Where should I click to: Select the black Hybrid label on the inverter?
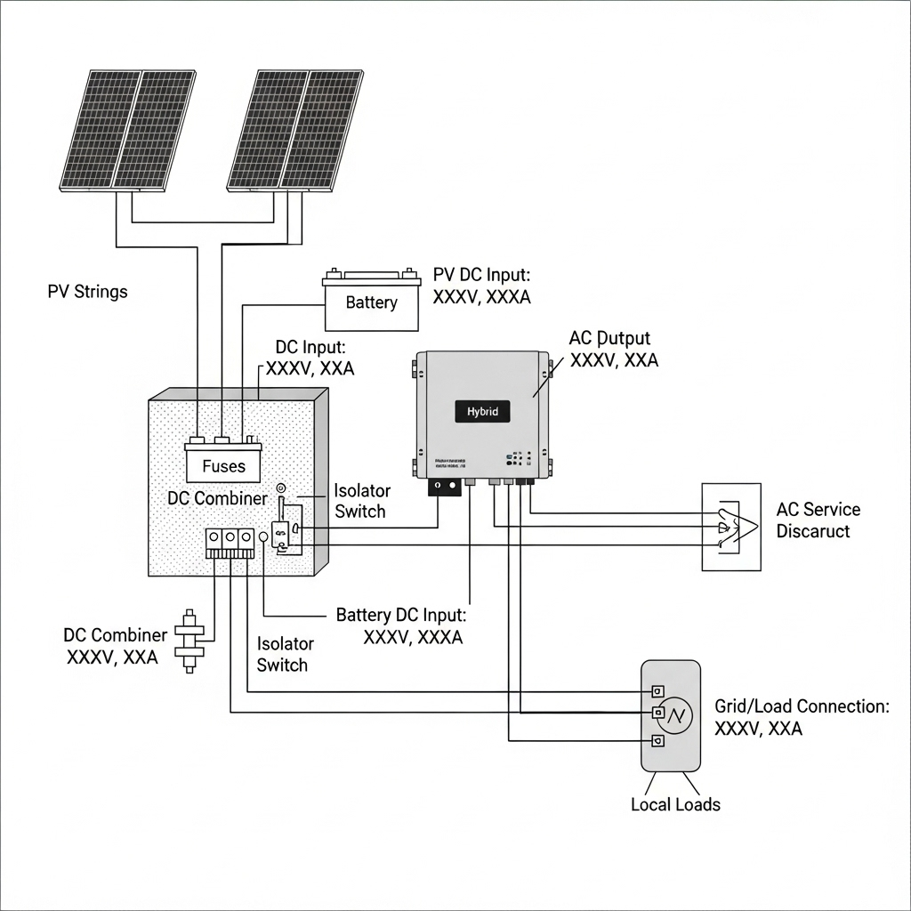(483, 412)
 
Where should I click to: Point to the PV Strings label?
(87, 292)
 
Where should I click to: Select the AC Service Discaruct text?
(818, 520)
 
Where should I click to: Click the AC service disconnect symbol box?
(731, 527)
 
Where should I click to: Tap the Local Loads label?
(675, 804)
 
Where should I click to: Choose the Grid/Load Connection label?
(801, 717)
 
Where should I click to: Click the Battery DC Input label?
(401, 626)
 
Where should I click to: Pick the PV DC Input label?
(481, 286)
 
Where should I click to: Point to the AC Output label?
(613, 350)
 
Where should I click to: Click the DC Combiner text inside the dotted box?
(217, 498)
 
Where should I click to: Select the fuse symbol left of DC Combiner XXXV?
(188, 640)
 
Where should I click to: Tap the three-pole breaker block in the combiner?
(230, 544)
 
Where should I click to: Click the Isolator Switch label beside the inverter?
(359, 501)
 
